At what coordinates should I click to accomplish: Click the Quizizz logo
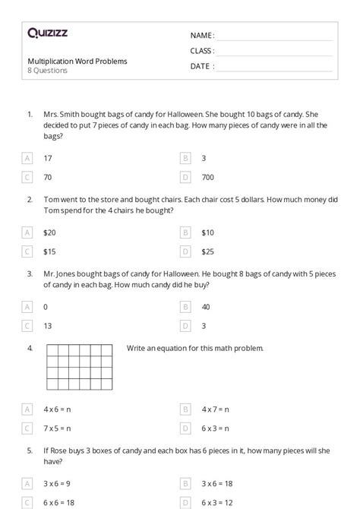47,33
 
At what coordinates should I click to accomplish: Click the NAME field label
202,36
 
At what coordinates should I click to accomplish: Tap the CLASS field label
202,51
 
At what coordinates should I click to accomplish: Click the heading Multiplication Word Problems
77,61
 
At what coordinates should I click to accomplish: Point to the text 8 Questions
47,71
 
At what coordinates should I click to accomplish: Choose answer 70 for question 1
48,177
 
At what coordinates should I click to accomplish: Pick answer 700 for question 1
207,177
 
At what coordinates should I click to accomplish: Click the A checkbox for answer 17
28,158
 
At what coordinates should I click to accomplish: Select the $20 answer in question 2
49,232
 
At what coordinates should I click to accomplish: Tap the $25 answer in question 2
208,251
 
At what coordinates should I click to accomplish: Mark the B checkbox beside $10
185,232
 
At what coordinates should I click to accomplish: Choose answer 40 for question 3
206,307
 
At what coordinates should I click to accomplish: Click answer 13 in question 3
48,326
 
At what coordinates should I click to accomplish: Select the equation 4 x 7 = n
215,409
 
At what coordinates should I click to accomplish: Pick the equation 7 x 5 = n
57,428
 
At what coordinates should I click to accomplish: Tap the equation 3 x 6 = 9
57,483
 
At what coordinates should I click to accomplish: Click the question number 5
30,450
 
